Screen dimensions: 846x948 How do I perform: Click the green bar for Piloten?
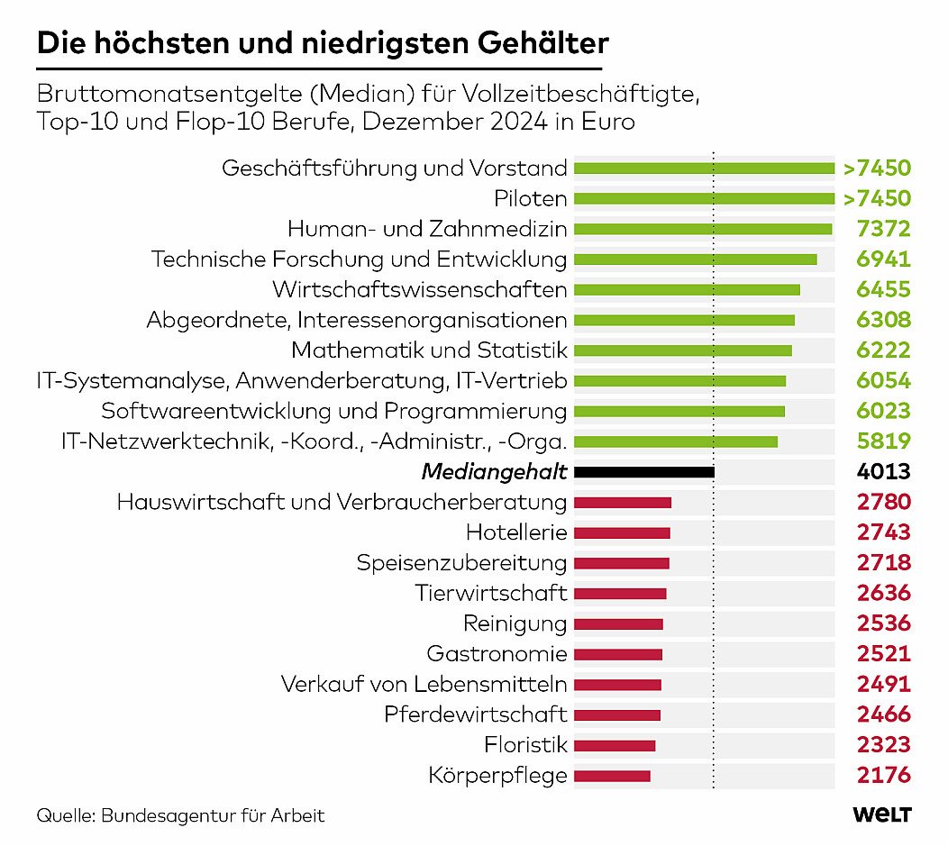[x=704, y=198]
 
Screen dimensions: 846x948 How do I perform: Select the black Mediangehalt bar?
[x=643, y=471]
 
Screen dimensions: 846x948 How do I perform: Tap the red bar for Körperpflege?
[x=612, y=775]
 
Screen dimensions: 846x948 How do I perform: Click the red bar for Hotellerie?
[x=622, y=532]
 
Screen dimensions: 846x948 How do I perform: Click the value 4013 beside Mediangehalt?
[x=884, y=471]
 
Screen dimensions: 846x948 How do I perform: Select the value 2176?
[x=883, y=775]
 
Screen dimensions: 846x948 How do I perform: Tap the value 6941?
[x=883, y=259]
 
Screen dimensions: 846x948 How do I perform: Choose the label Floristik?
[x=525, y=745]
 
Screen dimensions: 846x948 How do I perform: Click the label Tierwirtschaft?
[x=491, y=593]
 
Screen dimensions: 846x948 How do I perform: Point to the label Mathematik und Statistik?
[x=429, y=350]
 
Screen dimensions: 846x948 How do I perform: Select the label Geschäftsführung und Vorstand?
[x=395, y=168]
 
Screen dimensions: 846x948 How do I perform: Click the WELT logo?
[x=882, y=814]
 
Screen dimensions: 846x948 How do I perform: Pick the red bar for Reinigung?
[x=618, y=623]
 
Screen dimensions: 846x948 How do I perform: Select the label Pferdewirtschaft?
[x=475, y=714]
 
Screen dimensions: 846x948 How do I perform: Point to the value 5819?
[x=883, y=441]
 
